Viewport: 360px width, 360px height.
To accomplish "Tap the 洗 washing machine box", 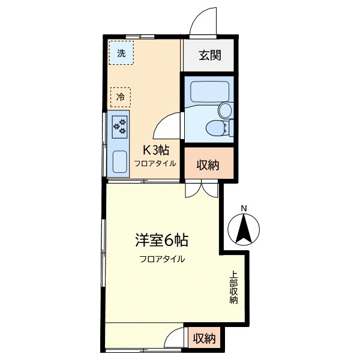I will [x=122, y=53].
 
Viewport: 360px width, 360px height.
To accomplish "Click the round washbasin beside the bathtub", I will [x=225, y=110].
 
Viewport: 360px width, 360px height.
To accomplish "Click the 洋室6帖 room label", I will [x=161, y=241].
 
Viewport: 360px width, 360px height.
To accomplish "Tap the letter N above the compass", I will [x=243, y=209].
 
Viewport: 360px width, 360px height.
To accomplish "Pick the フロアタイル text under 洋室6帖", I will [x=162, y=259].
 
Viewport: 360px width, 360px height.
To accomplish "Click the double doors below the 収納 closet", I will [x=200, y=189].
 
